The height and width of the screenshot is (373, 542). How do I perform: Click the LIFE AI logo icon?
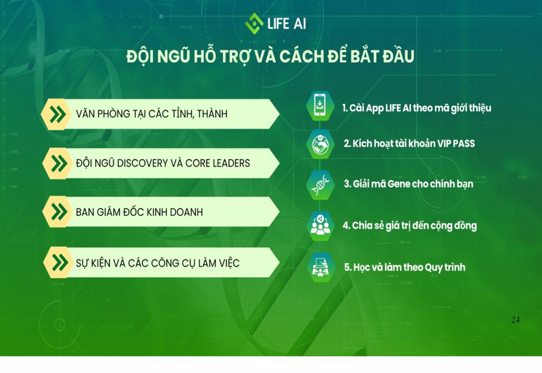[254, 23]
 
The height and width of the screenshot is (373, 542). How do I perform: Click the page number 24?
[516, 320]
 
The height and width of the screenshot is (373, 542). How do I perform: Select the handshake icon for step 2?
[320, 144]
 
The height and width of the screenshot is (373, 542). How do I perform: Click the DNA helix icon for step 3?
[320, 185]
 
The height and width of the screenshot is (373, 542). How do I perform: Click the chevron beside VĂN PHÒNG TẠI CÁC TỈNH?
[57, 114]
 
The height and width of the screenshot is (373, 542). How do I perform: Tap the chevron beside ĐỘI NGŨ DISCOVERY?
[59, 164]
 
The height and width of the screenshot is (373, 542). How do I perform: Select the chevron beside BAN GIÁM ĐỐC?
[59, 211]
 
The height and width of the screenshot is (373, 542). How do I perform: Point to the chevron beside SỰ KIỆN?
[60, 263]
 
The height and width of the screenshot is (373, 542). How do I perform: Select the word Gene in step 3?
[399, 184]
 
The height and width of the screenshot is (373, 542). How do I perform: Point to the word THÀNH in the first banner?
[212, 114]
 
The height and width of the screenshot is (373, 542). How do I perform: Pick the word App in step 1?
[374, 109]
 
